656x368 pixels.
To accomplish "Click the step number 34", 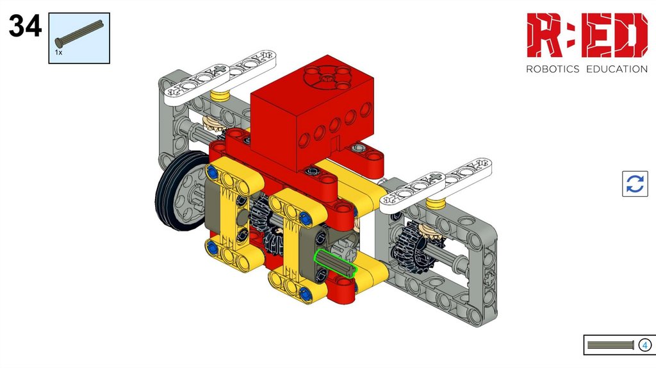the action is coord(25,26).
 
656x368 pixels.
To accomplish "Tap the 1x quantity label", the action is coord(58,53).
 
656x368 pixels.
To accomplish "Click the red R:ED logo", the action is coord(587,35).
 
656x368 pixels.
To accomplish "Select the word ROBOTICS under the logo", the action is coord(552,69).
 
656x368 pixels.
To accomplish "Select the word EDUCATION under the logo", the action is coord(617,69).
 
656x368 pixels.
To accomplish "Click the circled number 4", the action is coord(644,345).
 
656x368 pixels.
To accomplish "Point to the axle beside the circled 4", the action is coord(611,345).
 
